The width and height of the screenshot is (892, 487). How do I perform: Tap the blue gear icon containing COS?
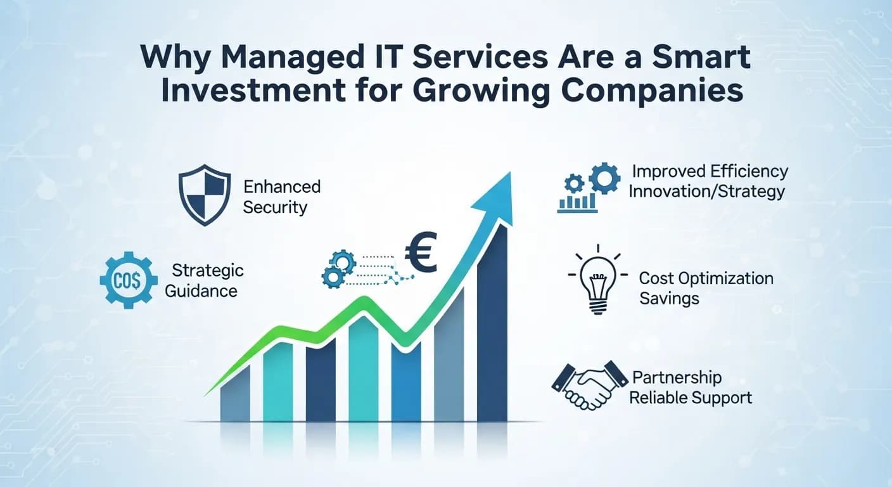point(129,279)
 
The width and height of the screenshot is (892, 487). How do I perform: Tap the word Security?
point(275,207)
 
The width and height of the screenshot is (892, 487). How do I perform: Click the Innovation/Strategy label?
point(706,191)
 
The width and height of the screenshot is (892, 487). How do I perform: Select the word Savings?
point(669,298)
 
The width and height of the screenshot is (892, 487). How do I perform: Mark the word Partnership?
point(677,378)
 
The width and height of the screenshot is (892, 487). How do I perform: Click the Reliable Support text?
point(692,398)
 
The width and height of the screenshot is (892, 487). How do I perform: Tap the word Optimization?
point(727,278)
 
